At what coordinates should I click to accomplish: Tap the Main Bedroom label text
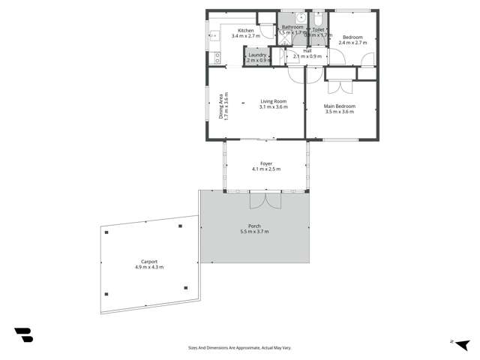click(339, 106)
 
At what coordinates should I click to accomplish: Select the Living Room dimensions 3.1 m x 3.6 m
click(273, 107)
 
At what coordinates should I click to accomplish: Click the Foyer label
click(266, 163)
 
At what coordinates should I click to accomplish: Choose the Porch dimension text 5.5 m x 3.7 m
click(254, 231)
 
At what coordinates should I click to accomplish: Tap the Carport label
click(148, 262)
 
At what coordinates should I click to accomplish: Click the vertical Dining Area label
click(221, 106)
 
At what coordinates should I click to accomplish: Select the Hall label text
click(307, 51)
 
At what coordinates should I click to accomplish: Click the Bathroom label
click(292, 27)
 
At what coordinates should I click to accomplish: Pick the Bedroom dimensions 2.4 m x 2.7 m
click(352, 43)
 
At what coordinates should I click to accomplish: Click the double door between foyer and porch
click(265, 199)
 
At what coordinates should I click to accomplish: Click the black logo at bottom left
click(23, 334)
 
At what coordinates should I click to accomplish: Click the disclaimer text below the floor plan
click(239, 347)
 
